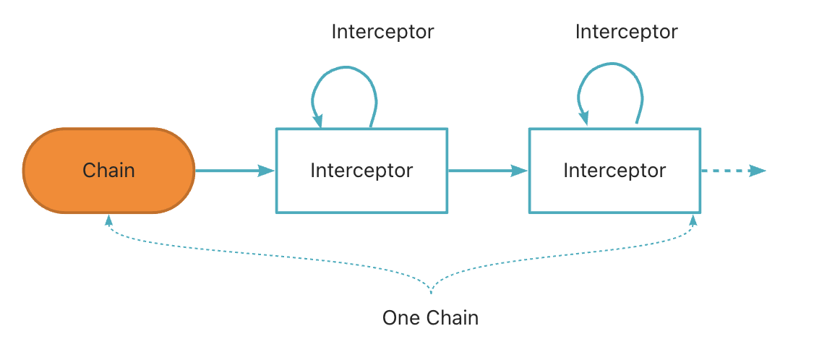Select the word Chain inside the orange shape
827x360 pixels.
[x=108, y=171]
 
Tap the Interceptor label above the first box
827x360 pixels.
[x=382, y=32]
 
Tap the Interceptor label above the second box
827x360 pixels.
[x=627, y=32]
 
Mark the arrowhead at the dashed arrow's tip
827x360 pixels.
[x=758, y=171]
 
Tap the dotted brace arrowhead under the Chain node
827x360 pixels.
[x=108, y=220]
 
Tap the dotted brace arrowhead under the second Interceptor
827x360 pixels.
[x=693, y=220]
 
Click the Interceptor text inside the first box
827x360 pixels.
[x=361, y=171]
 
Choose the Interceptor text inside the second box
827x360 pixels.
[x=614, y=171]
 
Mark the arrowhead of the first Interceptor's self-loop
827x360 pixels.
[x=319, y=121]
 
